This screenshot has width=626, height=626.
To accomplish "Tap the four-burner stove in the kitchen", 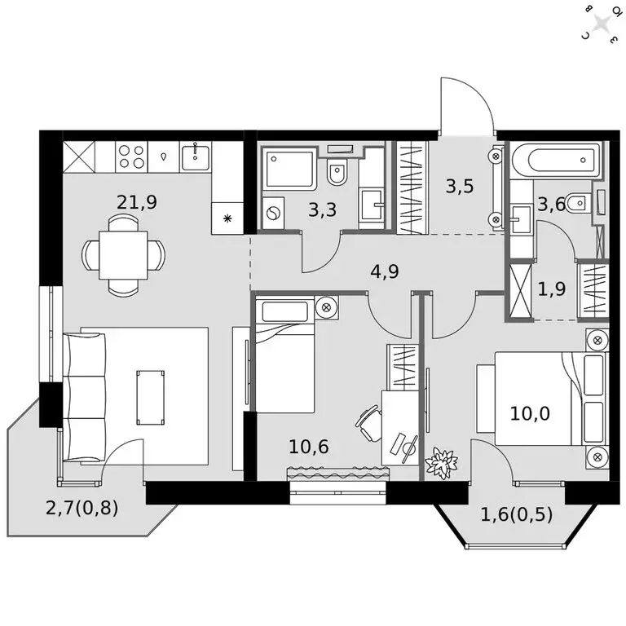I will coord(131,156).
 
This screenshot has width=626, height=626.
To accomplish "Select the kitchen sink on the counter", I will coord(196,156).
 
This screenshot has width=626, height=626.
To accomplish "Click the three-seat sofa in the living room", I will coord(83,397).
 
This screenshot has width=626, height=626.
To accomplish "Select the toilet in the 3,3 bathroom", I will coord(337,172).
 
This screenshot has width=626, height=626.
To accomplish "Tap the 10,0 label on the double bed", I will coord(530,412).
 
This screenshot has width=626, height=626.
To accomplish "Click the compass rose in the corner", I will coord(602,23).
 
